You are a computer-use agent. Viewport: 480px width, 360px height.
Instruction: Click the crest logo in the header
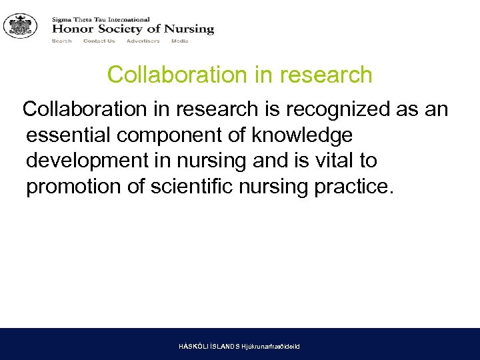pos(20,26)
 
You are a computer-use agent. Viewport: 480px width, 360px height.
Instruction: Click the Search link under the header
pos(61,41)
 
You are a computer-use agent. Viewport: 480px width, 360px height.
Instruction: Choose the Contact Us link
pos(99,41)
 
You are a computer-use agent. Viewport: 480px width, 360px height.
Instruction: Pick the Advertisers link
pos(143,41)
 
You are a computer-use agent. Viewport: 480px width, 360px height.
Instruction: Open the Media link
pos(179,41)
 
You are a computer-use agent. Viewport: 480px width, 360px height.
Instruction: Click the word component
pos(170,136)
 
